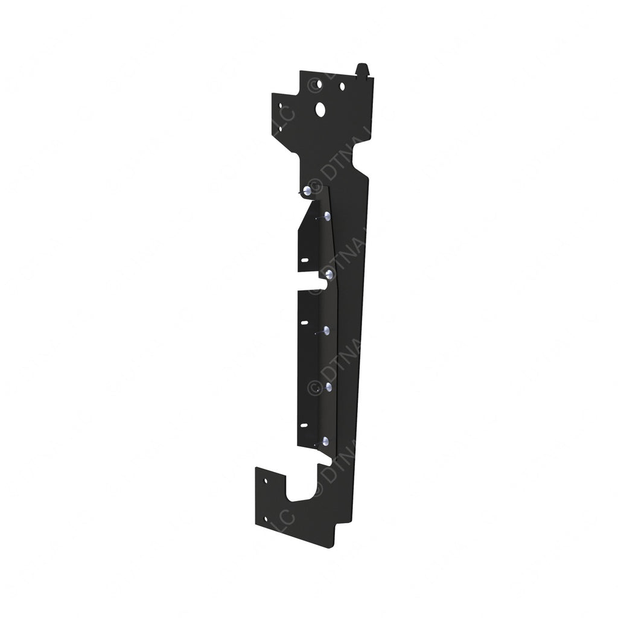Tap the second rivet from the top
[327, 215]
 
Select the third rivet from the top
[330, 275]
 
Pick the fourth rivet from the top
[327, 330]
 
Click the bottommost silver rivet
[325, 441]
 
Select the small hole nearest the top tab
[342, 87]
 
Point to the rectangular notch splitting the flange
[314, 282]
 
